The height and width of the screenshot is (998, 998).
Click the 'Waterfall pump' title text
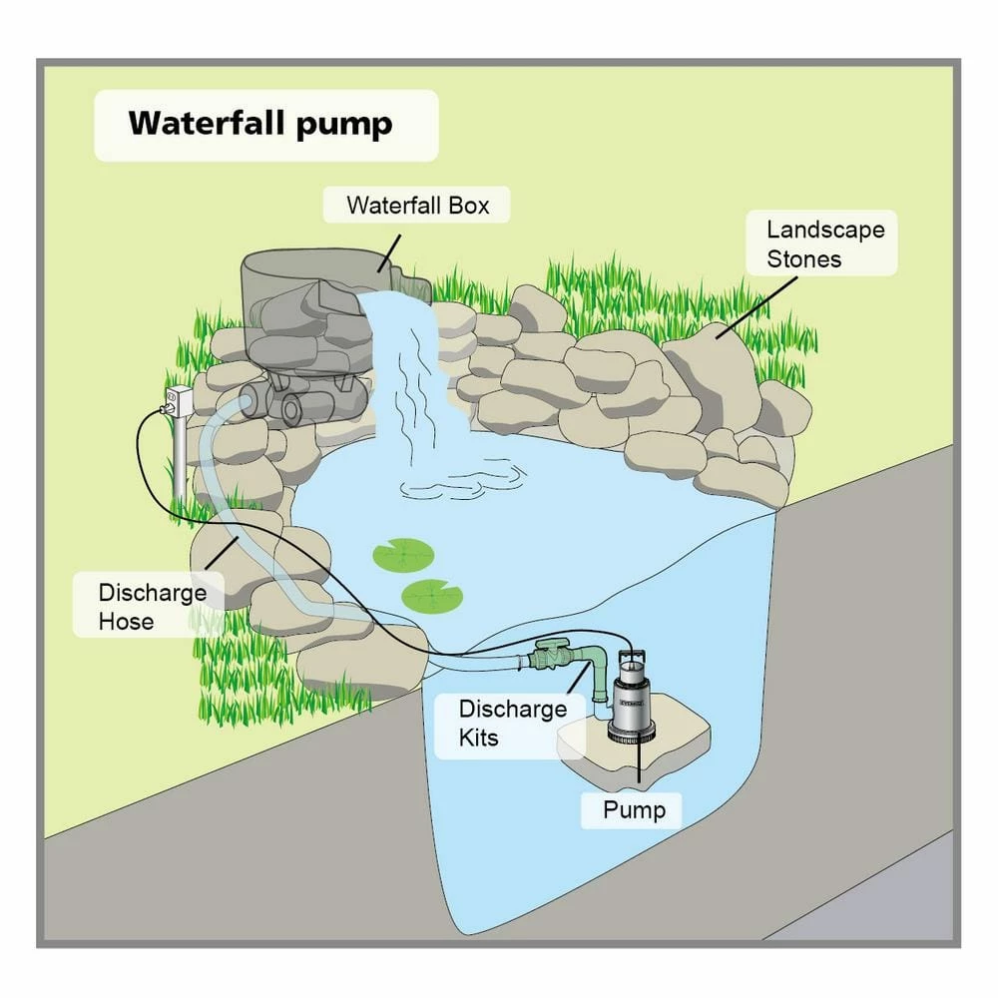point(260,124)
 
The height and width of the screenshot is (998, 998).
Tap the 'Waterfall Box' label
point(417,206)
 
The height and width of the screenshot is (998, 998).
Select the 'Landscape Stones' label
point(824,245)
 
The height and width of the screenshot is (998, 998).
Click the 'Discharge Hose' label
point(139,607)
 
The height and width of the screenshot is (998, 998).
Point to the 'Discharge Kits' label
point(512,724)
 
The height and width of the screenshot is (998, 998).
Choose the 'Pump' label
point(633,809)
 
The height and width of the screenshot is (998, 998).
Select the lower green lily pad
point(431,597)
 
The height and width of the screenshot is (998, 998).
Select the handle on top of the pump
point(632,655)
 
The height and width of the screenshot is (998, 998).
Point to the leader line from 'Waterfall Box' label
point(388,249)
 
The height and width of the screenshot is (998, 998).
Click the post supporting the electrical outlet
point(180,459)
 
